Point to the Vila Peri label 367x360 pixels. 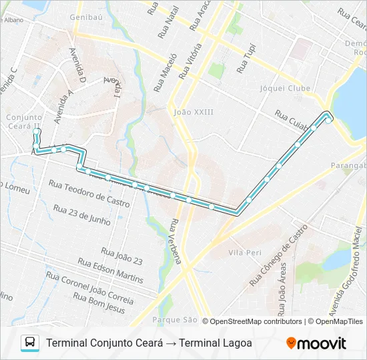point(244,253)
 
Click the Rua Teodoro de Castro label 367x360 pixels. point(89,192)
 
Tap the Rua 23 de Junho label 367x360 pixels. point(81,215)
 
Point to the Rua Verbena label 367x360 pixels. point(175,241)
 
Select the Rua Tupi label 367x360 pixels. point(247,59)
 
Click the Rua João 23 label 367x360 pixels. point(121,255)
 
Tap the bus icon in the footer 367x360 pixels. point(30,343)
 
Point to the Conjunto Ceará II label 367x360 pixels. point(24,121)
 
